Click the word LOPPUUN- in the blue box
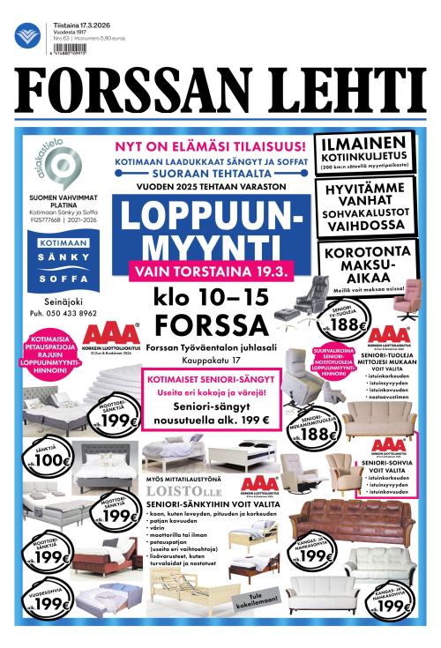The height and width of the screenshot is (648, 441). pyautogui.click(x=209, y=218)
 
